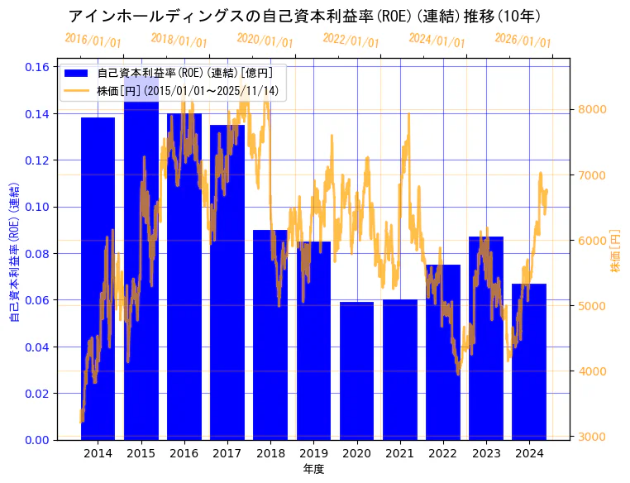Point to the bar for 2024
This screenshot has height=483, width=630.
(529, 361)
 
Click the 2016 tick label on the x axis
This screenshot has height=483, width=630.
(184, 453)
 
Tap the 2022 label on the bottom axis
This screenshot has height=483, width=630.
(442, 453)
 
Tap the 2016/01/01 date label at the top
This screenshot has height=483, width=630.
(93, 41)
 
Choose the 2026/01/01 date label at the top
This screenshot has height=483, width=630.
(523, 41)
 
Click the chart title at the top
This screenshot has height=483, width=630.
(304, 17)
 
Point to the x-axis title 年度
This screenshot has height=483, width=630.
(313, 469)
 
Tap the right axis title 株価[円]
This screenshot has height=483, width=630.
(615, 251)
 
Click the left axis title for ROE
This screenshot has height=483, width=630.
(14, 251)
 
